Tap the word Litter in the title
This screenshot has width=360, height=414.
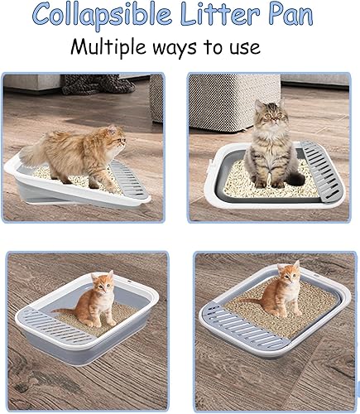223,16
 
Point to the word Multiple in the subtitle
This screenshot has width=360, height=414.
110,46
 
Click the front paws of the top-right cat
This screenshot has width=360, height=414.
270,181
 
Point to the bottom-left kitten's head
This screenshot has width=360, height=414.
102,284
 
